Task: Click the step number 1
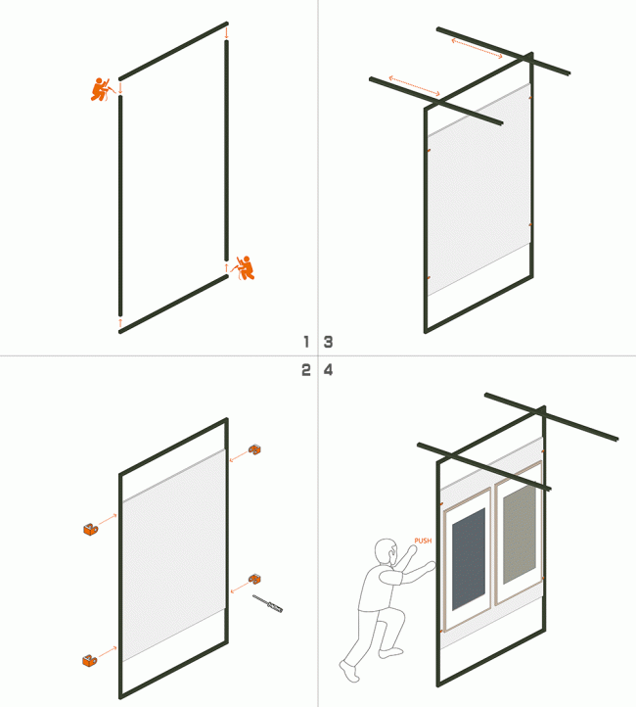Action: point(305,342)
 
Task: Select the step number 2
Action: point(305,370)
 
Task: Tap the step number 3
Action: point(329,342)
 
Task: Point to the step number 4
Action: point(329,370)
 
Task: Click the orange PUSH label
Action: point(423,541)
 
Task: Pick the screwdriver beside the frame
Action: point(267,603)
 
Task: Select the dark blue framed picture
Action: point(469,556)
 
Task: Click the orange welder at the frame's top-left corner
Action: point(100,89)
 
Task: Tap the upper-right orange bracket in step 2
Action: point(256,448)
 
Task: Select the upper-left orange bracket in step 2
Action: point(90,530)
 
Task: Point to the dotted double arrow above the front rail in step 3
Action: point(414,85)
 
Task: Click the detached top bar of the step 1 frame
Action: point(173,51)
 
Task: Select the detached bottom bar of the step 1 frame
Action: point(173,304)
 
